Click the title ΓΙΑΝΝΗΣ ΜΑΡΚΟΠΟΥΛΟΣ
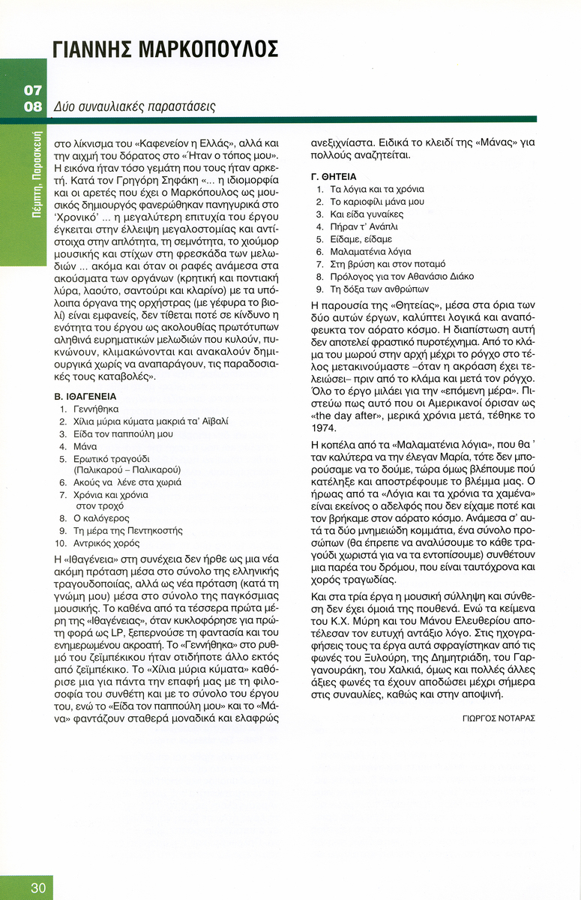coord(166,49)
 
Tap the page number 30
coord(38,888)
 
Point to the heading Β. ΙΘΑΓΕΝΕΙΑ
coord(85,395)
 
